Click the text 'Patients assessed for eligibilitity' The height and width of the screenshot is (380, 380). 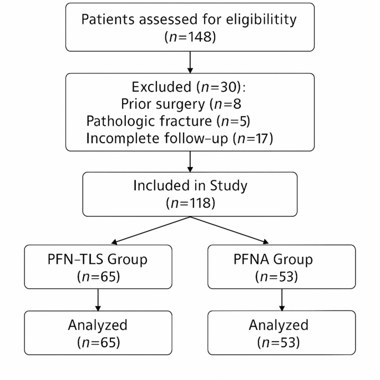pos(190,19)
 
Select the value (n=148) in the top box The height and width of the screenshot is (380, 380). pos(190,38)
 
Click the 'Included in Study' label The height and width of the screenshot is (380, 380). pos(190,185)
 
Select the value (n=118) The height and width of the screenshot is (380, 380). pos(190,202)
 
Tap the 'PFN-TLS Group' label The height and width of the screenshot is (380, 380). pos(98,259)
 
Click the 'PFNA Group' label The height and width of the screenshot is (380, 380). pos(282,259)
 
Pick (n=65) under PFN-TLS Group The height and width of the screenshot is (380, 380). pos(98,276)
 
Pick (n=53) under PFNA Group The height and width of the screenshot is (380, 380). pos(282,276)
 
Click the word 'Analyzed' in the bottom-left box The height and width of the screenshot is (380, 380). pos(98,325)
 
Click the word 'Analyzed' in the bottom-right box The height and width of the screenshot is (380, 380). pos(282,325)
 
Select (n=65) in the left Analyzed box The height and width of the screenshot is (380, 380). pos(98,342)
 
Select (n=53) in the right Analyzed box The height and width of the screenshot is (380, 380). pos(282,342)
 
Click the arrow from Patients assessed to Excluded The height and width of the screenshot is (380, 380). pos(190,63)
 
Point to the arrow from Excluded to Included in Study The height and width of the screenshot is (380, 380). pos(190,162)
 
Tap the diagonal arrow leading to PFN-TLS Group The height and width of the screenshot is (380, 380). pos(150,229)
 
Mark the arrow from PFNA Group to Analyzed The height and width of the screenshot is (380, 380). pos(282,300)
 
